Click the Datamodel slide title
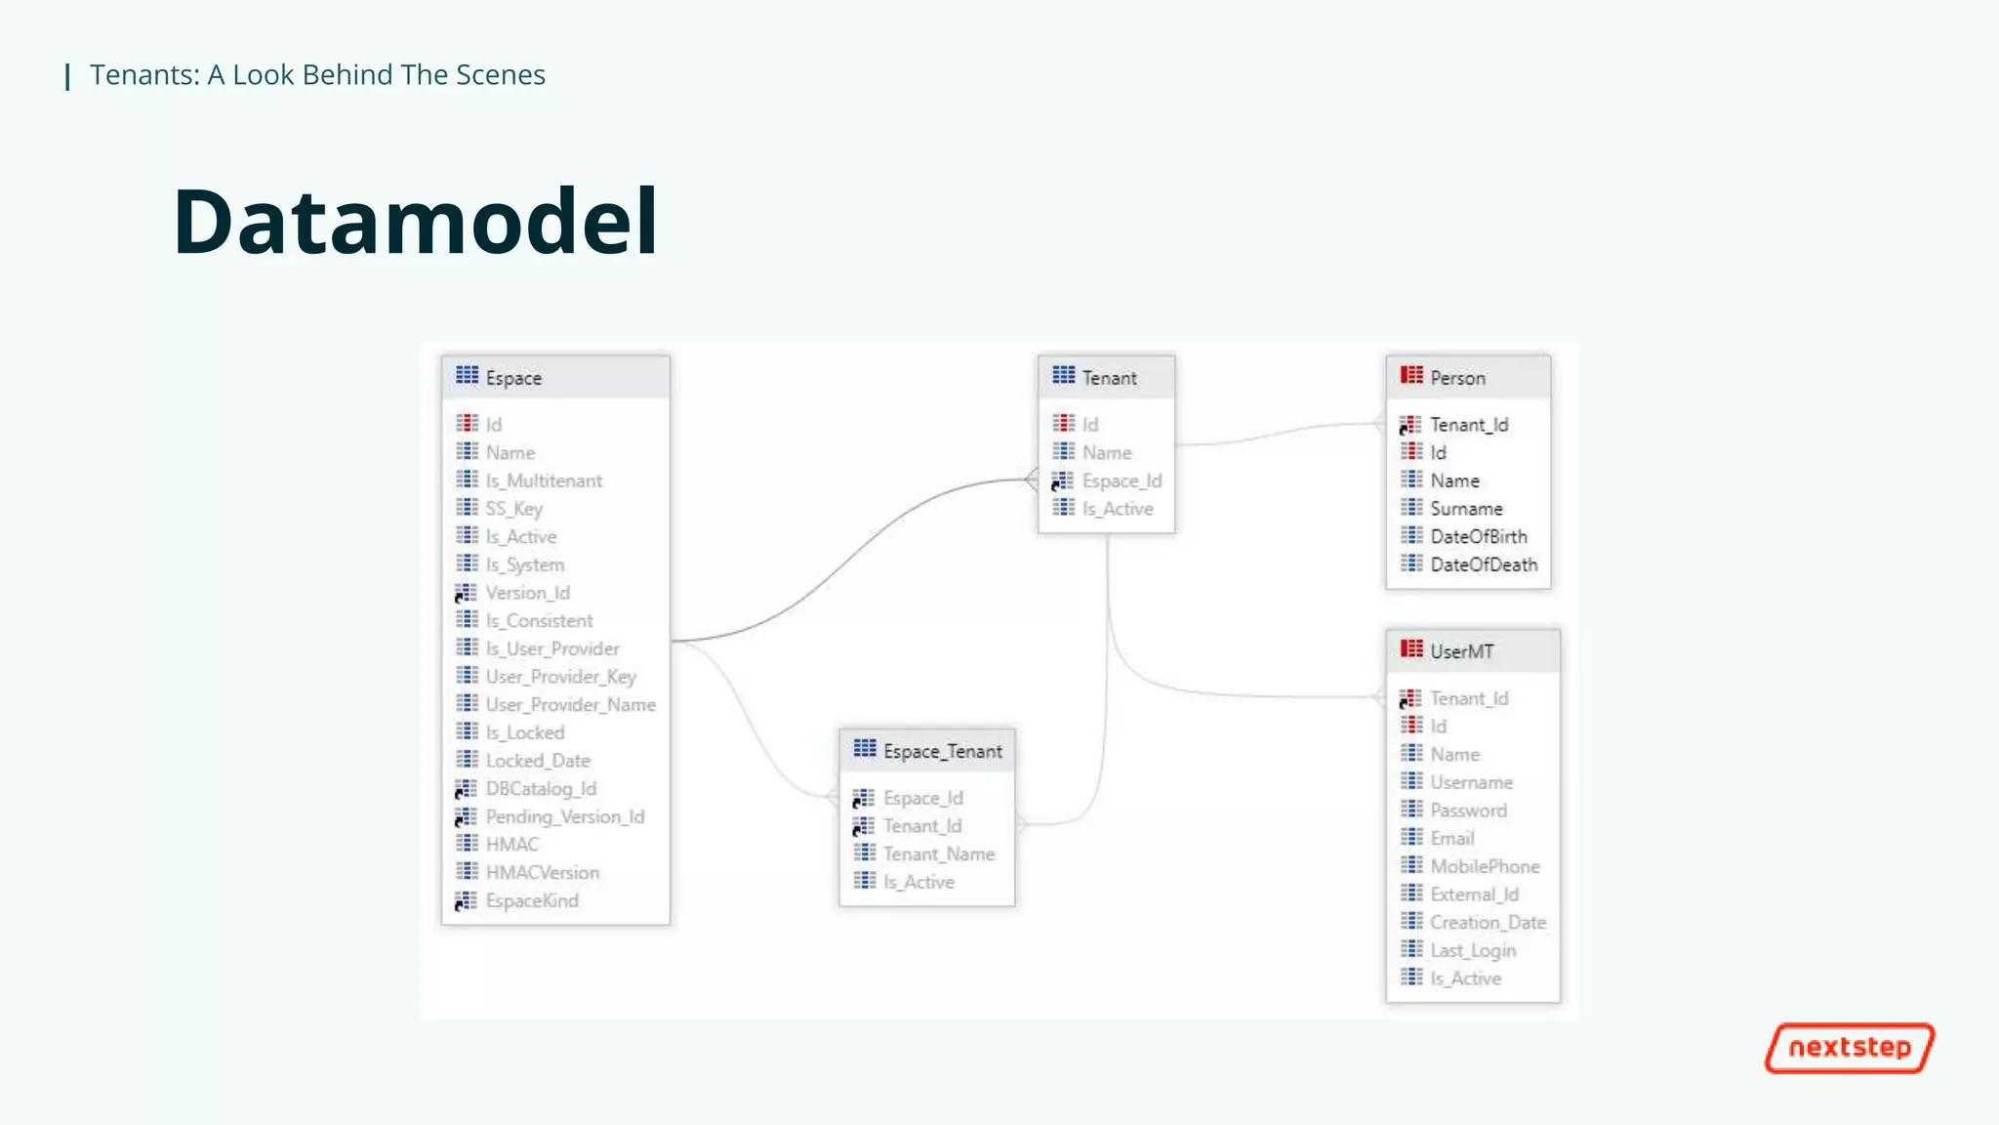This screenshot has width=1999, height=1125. (x=416, y=222)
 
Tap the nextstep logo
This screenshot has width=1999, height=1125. (x=1849, y=1048)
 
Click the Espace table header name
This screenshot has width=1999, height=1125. (x=513, y=378)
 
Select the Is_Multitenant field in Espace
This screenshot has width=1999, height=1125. (x=544, y=480)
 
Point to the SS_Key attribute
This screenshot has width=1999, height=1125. (x=513, y=509)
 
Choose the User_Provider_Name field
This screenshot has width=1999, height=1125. (x=570, y=705)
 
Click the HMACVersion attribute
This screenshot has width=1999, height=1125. (x=542, y=873)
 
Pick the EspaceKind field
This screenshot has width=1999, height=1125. (x=531, y=900)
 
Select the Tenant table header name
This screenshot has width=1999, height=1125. (x=1109, y=378)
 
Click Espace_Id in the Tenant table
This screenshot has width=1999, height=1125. (x=1122, y=481)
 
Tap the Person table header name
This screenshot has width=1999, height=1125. (x=1457, y=378)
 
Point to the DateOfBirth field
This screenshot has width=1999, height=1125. (x=1478, y=537)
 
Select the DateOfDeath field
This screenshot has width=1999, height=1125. (x=1483, y=565)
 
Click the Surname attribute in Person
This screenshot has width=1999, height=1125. (x=1466, y=509)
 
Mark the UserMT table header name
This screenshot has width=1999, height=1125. (x=1461, y=651)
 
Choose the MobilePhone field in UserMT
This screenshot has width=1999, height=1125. (x=1484, y=867)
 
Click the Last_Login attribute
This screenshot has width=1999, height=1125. (x=1472, y=951)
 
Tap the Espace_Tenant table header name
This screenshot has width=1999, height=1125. (x=942, y=751)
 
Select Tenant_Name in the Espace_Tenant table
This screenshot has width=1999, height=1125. (x=938, y=854)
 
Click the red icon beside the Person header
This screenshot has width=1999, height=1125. (x=1411, y=376)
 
